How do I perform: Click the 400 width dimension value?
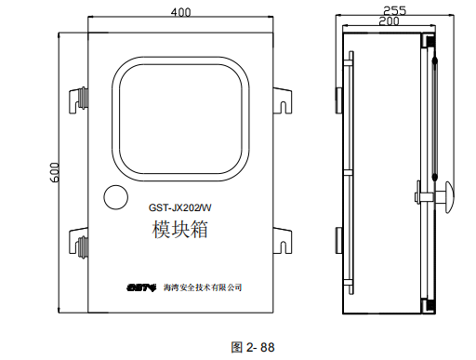pyautogui.click(x=181, y=11)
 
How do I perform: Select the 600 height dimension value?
pyautogui.click(x=56, y=171)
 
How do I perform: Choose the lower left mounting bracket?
pyautogui.click(x=78, y=247)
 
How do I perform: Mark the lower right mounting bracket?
pyautogui.click(x=282, y=247)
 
